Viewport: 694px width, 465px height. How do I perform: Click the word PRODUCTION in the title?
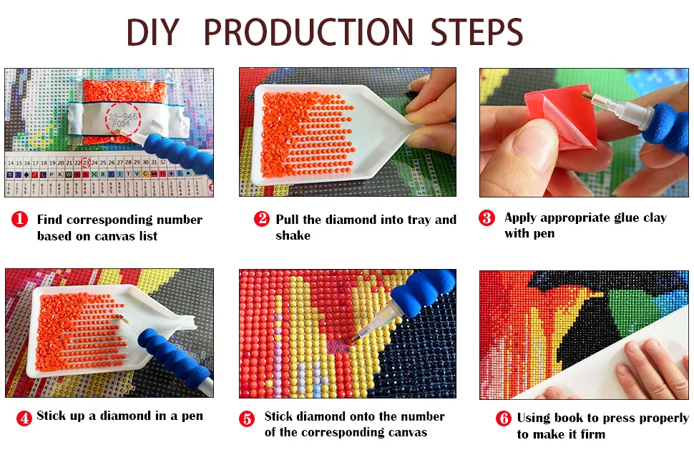308,32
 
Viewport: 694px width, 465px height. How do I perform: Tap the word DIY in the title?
152,32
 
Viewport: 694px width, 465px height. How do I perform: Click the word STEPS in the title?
476,32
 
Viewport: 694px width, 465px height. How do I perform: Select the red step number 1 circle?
19,219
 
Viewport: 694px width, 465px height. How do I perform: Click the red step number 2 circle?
262,219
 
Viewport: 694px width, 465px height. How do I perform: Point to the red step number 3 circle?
487,217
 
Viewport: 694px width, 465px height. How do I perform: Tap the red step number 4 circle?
24,418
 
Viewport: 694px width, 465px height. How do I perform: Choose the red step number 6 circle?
503,418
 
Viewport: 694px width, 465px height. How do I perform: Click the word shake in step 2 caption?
293,235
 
